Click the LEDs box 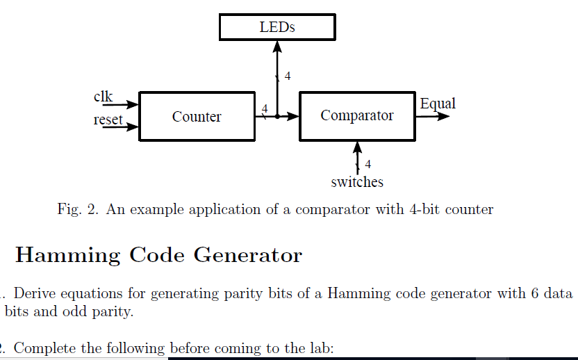pyautogui.click(x=277, y=27)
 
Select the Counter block pyautogui.click(x=197, y=116)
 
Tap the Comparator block pyautogui.click(x=356, y=115)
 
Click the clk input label pyautogui.click(x=103, y=97)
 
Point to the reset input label pyautogui.click(x=108, y=120)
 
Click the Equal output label pyautogui.click(x=438, y=104)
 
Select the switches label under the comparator pyautogui.click(x=357, y=182)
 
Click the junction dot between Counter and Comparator pyautogui.click(x=277, y=117)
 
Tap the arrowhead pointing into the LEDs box pyautogui.click(x=277, y=46)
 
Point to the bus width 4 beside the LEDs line pyautogui.click(x=288, y=76)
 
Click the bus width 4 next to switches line pyautogui.click(x=368, y=165)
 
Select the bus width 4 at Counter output pyautogui.click(x=265, y=108)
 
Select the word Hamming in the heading pyautogui.click(x=67, y=255)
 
